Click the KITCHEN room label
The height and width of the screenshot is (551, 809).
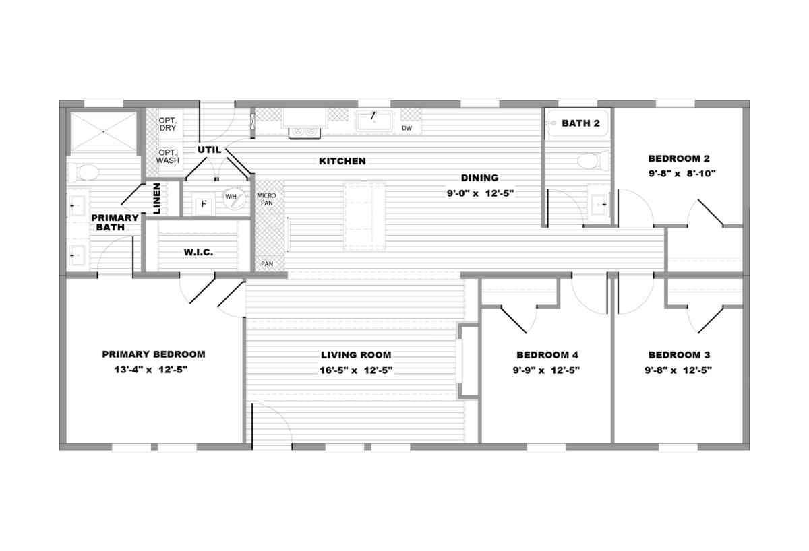[x=342, y=161]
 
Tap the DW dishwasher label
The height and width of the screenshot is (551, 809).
[x=407, y=128]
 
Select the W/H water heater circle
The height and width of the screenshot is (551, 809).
[x=234, y=199]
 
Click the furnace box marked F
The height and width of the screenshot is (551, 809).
[x=204, y=205]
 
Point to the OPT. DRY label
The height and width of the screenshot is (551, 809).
[x=168, y=124]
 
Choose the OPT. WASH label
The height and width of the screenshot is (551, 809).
[x=168, y=156]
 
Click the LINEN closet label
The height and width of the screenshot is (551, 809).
[x=156, y=198]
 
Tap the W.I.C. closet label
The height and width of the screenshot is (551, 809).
[x=198, y=252]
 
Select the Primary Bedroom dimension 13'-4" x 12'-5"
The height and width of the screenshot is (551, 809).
[x=151, y=370]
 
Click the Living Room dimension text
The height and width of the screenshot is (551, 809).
[x=356, y=370]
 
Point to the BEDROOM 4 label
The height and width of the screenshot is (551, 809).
[x=547, y=355]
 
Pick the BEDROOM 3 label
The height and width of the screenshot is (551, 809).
[x=679, y=355]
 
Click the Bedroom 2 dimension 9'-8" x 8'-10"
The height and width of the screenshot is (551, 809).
[x=682, y=174]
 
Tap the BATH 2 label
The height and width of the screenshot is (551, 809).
[x=580, y=123]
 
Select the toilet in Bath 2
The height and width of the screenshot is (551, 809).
[x=593, y=161]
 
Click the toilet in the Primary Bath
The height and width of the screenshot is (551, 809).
[x=84, y=172]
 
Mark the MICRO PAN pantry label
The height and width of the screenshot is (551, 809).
[x=266, y=199]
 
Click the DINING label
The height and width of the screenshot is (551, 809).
[x=479, y=178]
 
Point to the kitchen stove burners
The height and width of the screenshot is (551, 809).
[x=304, y=132]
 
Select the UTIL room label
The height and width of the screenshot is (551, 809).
[x=209, y=150]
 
